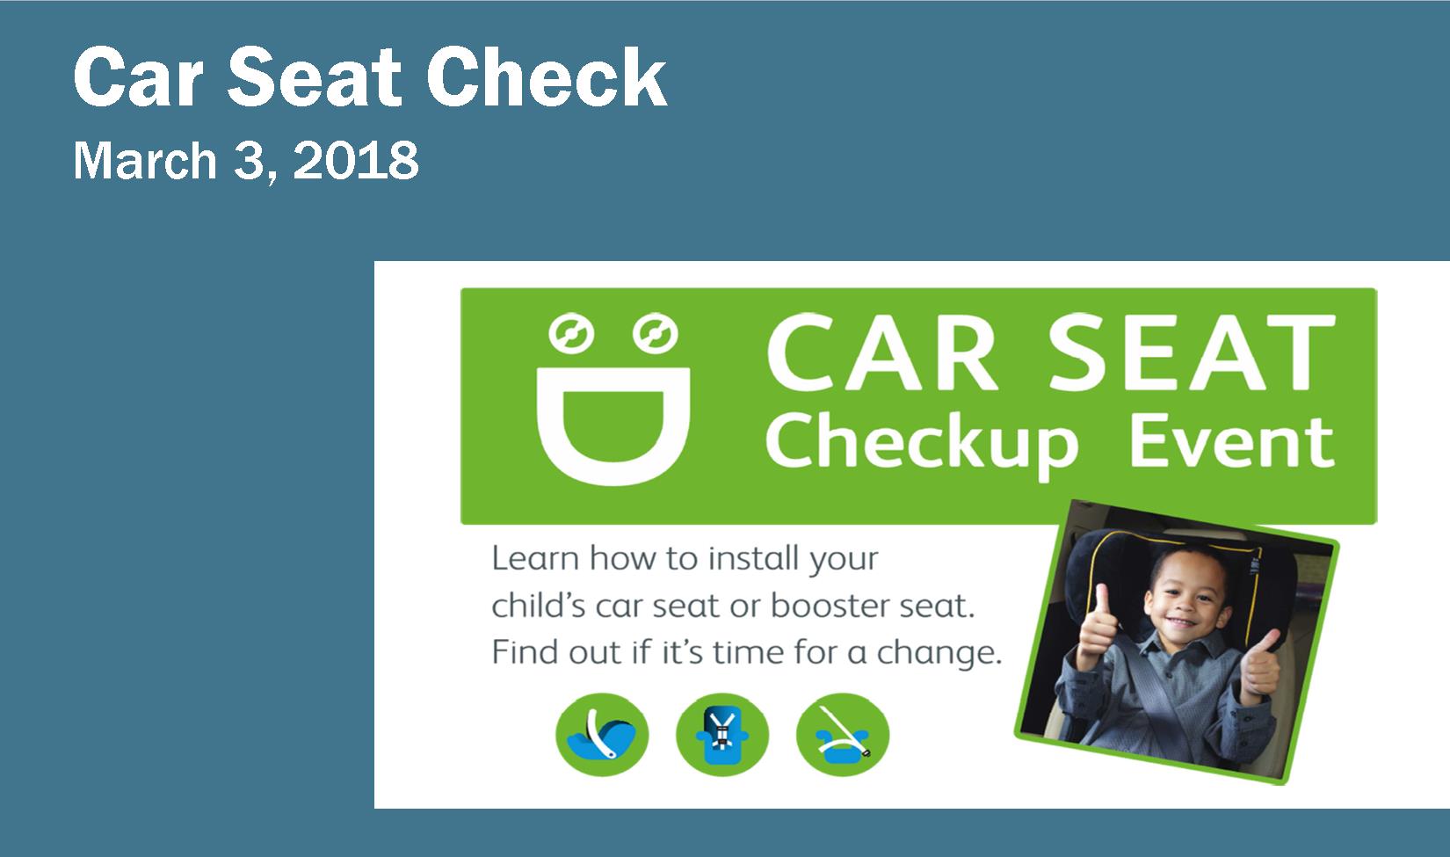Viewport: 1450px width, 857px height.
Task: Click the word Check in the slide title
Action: [546, 79]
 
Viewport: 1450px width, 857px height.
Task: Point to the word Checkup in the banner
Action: [924, 444]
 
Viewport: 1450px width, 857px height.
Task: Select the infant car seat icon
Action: [602, 735]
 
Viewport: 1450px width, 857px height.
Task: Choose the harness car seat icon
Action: [721, 735]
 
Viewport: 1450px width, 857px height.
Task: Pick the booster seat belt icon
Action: [842, 735]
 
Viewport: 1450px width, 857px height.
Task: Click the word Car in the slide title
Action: [142, 79]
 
